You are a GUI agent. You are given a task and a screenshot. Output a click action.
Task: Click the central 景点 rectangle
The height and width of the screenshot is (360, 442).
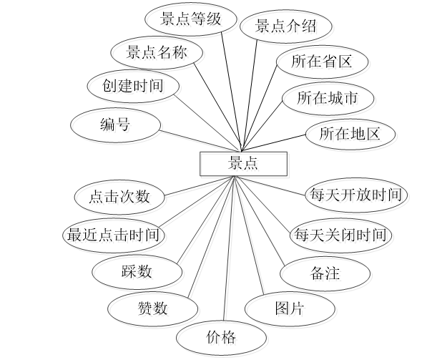tap(242, 163)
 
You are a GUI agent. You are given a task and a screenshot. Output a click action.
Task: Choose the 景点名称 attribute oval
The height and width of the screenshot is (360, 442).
tap(155, 53)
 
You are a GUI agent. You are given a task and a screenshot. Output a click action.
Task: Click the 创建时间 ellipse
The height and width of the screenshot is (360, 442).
tap(132, 87)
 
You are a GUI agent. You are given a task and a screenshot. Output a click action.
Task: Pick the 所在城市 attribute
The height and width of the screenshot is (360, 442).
tap(327, 97)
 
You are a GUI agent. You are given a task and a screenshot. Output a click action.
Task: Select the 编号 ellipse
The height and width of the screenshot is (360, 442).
tap(114, 125)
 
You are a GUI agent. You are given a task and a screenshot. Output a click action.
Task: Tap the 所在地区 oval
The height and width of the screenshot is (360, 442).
tap(348, 132)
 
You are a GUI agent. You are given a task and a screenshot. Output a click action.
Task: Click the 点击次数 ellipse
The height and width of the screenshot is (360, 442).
tap(120, 196)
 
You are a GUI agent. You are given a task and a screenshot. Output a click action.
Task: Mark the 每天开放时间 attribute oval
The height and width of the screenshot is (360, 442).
tap(355, 194)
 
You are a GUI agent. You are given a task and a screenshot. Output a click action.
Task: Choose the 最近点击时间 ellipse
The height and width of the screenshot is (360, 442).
tap(112, 234)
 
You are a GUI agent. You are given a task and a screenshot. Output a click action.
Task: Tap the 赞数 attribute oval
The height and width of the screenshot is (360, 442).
tap(152, 308)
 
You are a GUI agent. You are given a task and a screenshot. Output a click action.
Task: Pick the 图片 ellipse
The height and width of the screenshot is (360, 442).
tap(289, 308)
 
